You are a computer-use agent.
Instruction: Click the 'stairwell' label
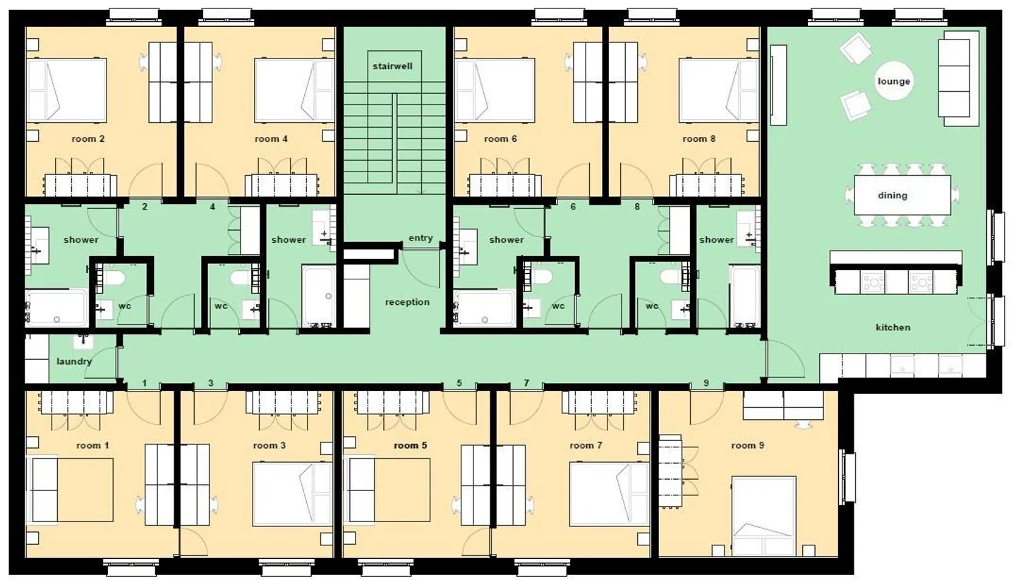pyautogui.click(x=393, y=66)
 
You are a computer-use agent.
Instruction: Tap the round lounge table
pyautogui.click(x=893, y=81)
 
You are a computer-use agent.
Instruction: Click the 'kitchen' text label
pyautogui.click(x=893, y=327)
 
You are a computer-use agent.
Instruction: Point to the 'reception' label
pyautogui.click(x=407, y=302)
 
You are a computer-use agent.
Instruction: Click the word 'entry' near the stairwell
pyautogui.click(x=421, y=238)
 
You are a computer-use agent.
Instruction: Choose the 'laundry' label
pyautogui.click(x=74, y=361)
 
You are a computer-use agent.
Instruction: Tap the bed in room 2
pyautogui.click(x=66, y=90)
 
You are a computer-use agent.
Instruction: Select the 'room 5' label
pyautogui.click(x=411, y=445)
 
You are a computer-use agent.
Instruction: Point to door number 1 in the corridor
pyautogui.click(x=144, y=383)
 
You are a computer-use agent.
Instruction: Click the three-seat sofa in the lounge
pyautogui.click(x=953, y=78)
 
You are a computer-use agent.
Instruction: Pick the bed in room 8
pyautogui.click(x=718, y=90)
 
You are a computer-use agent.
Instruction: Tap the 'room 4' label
pyautogui.click(x=271, y=139)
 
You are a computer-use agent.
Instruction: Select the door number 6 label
pyautogui.click(x=572, y=207)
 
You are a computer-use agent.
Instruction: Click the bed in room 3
pyautogui.click(x=292, y=493)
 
